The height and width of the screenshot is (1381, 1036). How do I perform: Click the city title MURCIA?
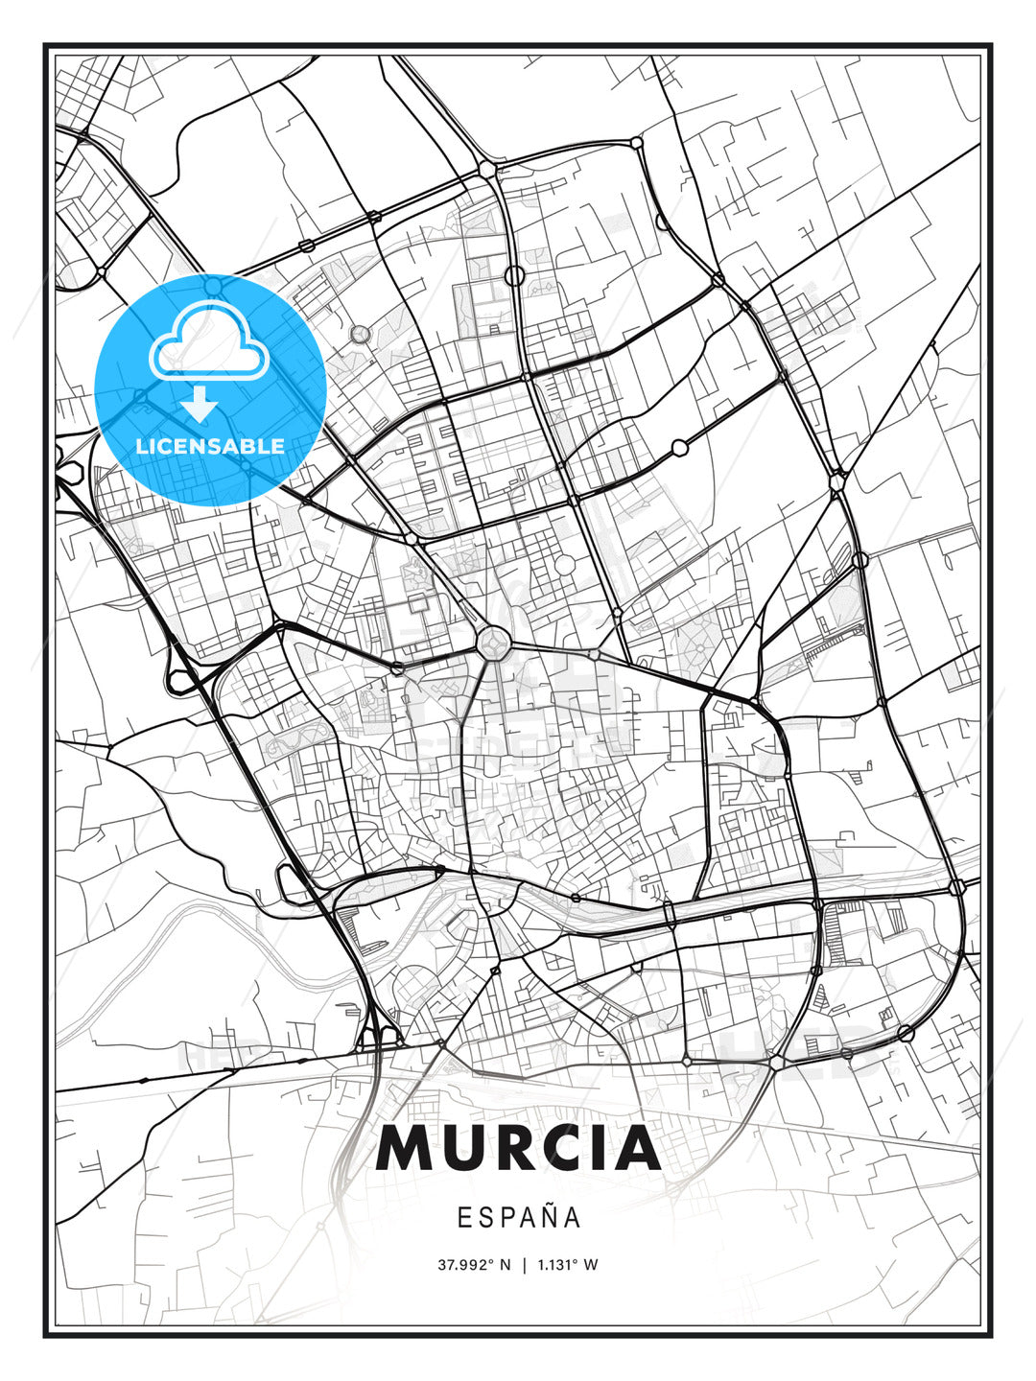click(x=518, y=1149)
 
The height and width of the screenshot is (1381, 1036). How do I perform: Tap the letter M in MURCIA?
click(x=404, y=1149)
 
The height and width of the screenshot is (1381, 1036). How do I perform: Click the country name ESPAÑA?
click(x=519, y=1217)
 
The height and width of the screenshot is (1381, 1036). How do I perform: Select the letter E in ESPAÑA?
click(x=464, y=1218)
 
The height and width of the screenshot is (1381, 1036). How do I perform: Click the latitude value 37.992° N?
click(x=475, y=1265)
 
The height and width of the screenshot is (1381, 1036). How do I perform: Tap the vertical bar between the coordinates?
click(x=524, y=1265)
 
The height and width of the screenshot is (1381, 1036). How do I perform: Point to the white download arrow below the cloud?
click(x=200, y=404)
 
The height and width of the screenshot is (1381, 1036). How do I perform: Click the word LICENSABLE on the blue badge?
click(x=210, y=446)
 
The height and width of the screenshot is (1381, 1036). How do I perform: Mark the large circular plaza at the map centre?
click(x=494, y=642)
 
